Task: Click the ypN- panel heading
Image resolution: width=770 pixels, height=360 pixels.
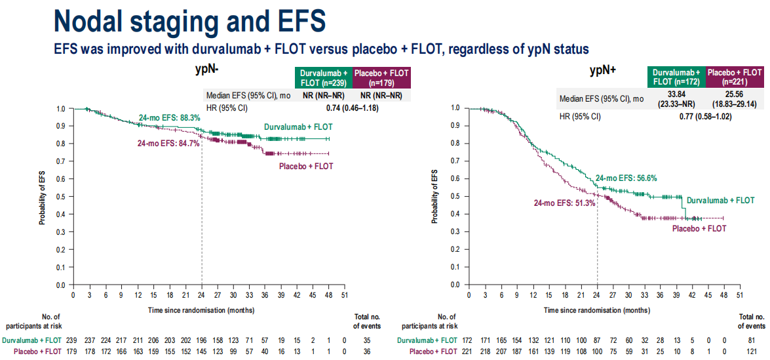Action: pyautogui.click(x=208, y=69)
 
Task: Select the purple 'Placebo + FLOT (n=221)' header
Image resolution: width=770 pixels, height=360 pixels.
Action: pyautogui.click(x=735, y=77)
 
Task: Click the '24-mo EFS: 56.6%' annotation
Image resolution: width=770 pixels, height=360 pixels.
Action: pyautogui.click(x=626, y=178)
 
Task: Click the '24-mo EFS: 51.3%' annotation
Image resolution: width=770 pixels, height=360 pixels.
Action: pyautogui.click(x=564, y=203)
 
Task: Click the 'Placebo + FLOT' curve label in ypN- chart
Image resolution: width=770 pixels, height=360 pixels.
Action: pyautogui.click(x=306, y=166)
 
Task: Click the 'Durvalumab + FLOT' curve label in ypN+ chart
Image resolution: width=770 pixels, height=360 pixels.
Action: pyautogui.click(x=720, y=200)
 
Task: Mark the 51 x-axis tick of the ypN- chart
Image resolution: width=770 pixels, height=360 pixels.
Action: pyautogui.click(x=344, y=296)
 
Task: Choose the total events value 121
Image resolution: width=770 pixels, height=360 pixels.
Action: pyautogui.click(x=752, y=351)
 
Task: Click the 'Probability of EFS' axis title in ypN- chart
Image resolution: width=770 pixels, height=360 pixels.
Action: pyautogui.click(x=43, y=197)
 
